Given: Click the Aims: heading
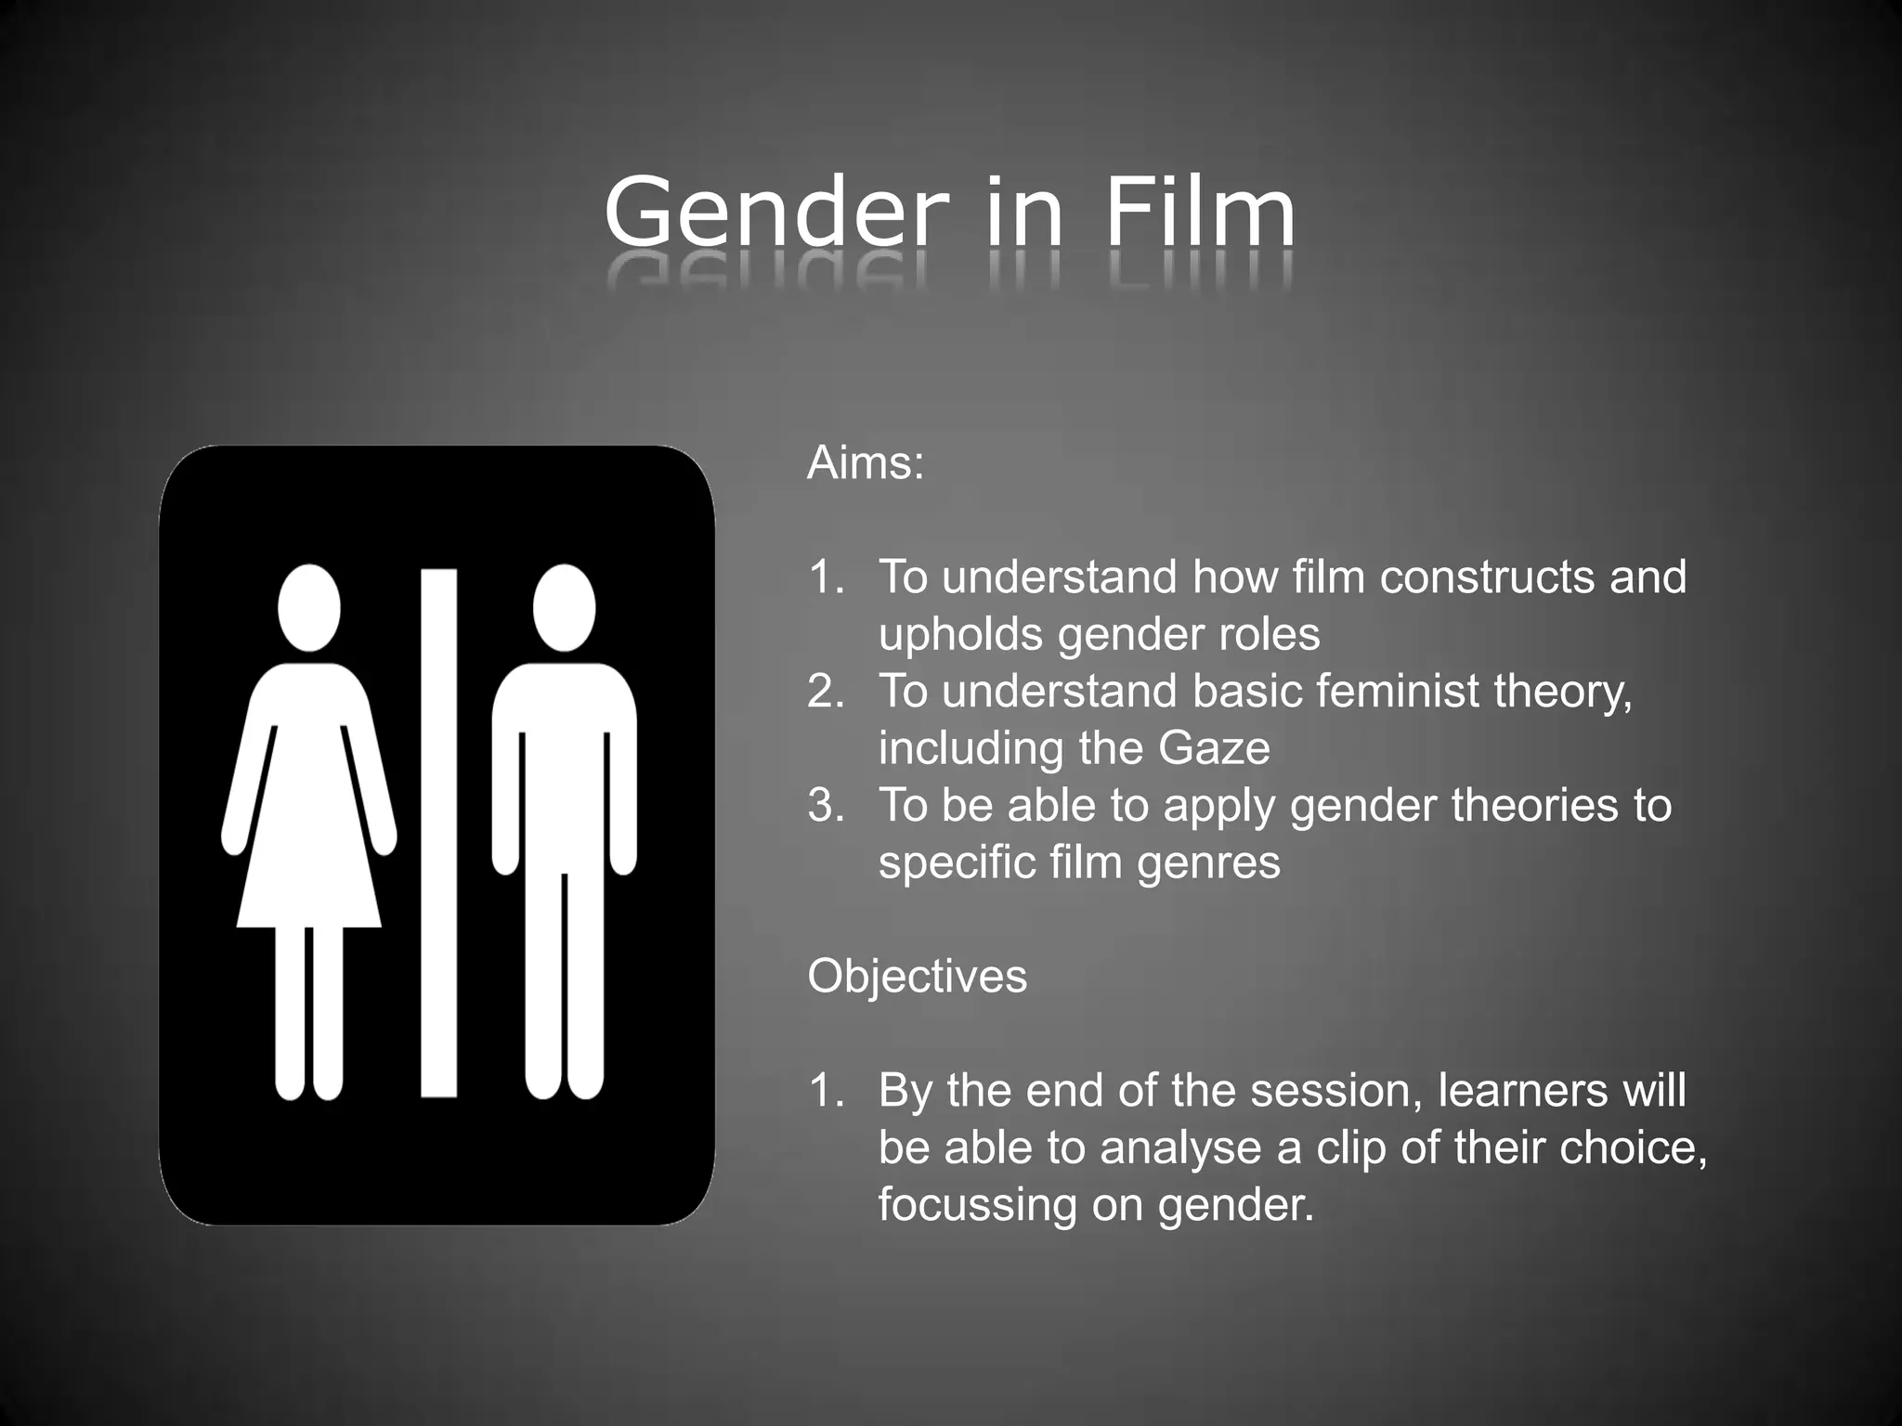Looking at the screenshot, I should (x=866, y=463).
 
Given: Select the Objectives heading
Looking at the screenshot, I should (x=918, y=977).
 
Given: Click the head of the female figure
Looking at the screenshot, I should (x=309, y=608).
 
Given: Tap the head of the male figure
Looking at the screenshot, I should (x=564, y=608).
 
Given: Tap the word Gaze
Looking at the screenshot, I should (x=1214, y=748).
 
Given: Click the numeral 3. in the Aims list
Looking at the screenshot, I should (x=826, y=806).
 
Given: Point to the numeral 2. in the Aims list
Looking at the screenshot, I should (x=826, y=692).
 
